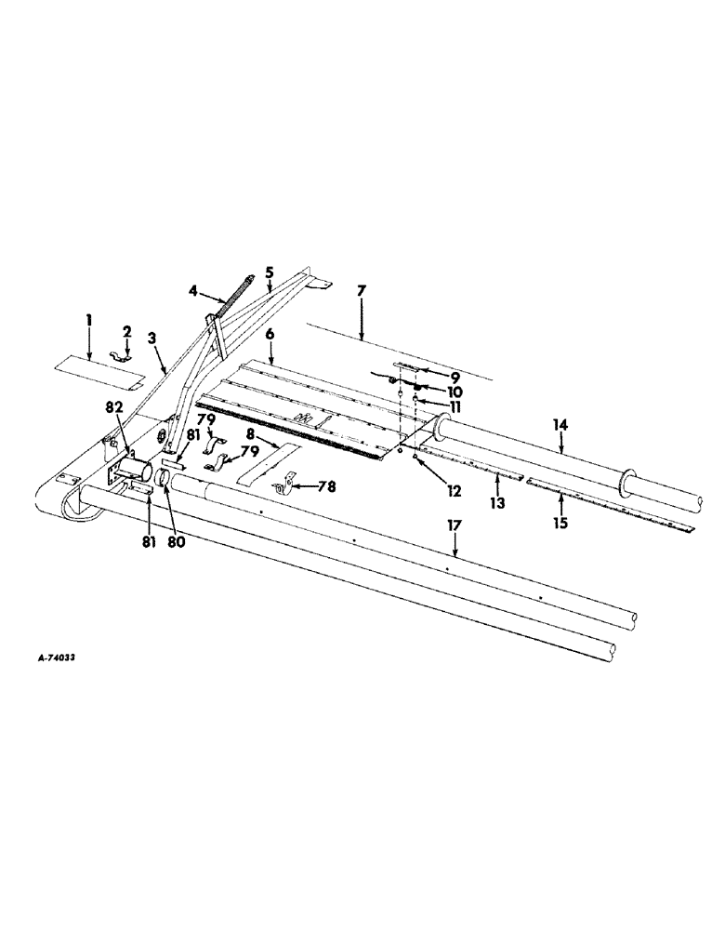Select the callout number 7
(362, 291)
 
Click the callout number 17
(454, 526)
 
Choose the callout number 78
(326, 485)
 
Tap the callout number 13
(499, 501)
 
